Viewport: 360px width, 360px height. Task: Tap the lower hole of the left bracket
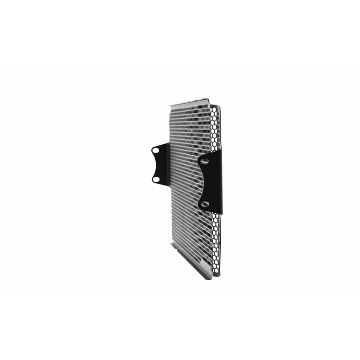click(x=156, y=179)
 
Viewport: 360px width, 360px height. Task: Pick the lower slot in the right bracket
click(x=205, y=204)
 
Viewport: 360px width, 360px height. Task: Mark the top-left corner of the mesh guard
click(x=171, y=106)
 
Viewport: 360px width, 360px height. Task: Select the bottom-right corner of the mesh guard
click(x=220, y=275)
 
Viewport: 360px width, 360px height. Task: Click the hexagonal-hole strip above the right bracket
click(x=215, y=128)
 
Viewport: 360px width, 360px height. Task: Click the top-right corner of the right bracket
click(x=221, y=150)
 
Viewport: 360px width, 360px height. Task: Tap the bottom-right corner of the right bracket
click(x=222, y=213)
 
